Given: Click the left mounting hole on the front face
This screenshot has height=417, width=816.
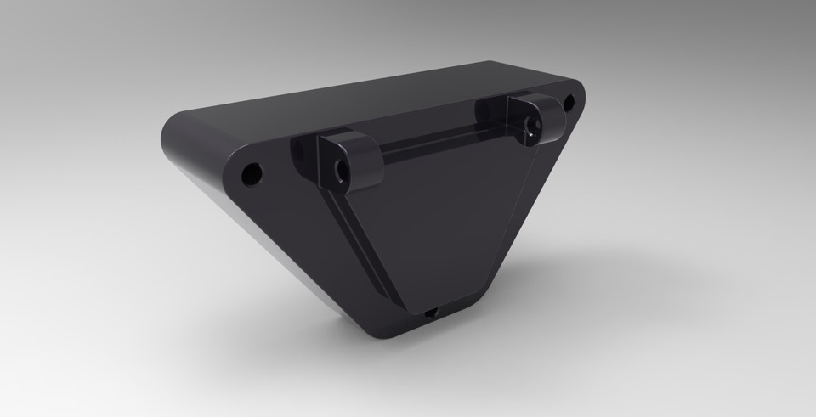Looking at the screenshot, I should tap(252, 175).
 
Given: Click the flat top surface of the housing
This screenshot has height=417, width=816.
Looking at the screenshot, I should tap(357, 98).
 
